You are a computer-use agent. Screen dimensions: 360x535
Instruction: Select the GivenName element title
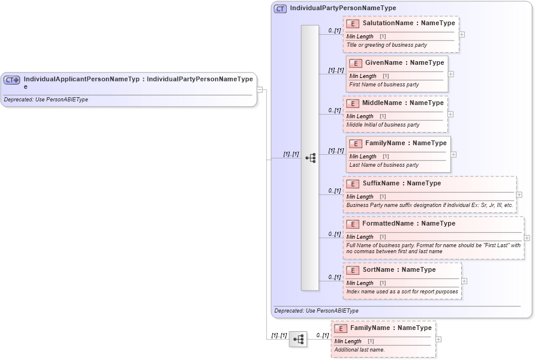pos(404,63)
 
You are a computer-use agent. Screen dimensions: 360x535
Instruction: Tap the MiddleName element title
pos(402,103)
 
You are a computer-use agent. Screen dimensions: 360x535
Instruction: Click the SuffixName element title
pos(401,184)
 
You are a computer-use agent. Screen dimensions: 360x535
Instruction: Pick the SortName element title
pos(399,270)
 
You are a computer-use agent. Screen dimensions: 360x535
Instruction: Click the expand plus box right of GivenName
pos(451,74)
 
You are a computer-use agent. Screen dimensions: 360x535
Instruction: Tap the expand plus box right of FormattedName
pos(527,238)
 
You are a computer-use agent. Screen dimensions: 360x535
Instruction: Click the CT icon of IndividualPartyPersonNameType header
pos(280,8)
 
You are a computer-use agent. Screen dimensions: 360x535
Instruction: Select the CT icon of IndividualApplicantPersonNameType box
pos(12,79)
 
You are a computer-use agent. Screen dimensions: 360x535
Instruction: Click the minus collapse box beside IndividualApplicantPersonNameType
pos(260,90)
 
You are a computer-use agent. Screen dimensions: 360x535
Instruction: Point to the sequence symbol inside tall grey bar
pos(310,158)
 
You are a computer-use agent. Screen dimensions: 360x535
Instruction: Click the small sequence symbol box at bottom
pos(298,339)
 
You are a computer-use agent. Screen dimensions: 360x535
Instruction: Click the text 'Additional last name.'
pos(360,350)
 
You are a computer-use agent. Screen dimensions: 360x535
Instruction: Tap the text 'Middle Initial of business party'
pos(383,125)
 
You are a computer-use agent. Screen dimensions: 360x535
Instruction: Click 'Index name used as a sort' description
pos(402,292)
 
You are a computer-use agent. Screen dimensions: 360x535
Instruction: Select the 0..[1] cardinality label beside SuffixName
pos(334,191)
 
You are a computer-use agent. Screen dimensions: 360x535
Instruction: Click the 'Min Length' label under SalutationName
pos(360,37)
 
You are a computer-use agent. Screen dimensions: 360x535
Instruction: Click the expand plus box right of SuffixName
pos(519,194)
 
